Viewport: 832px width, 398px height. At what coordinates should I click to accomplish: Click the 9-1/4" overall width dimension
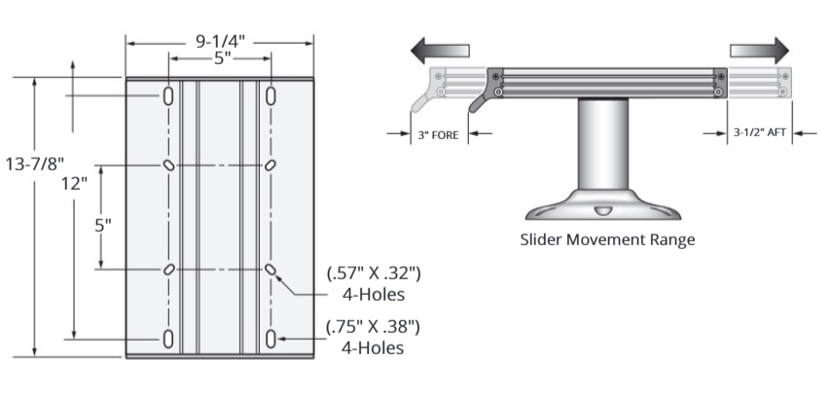point(219,41)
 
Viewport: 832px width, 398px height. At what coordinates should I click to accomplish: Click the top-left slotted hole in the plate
point(169,96)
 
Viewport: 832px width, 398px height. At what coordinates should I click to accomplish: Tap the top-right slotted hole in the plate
point(271,96)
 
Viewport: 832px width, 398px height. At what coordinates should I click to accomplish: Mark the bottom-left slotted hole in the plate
point(169,339)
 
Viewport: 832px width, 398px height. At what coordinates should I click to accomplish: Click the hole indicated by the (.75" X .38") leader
point(271,339)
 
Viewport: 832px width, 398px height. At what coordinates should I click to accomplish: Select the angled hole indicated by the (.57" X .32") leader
point(271,269)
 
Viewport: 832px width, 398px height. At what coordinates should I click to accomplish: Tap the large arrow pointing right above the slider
point(758,49)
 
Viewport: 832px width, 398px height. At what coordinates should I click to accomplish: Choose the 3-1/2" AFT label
point(759,135)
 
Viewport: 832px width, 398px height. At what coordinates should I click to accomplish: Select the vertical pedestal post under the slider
point(605,146)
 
